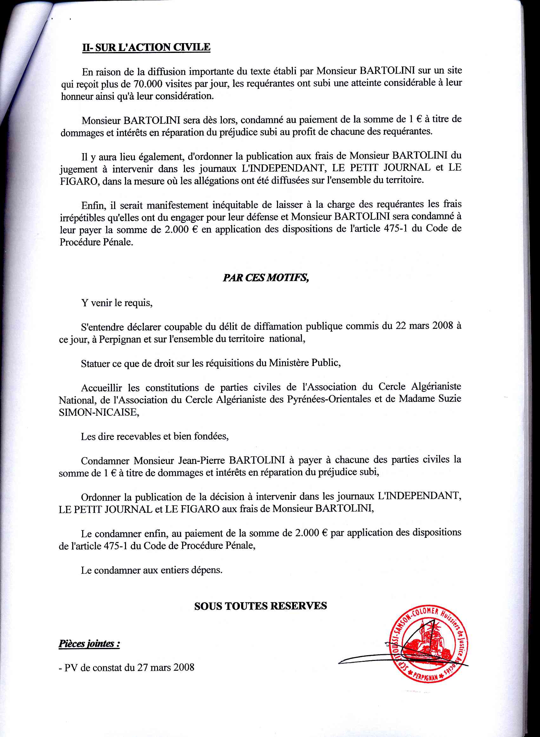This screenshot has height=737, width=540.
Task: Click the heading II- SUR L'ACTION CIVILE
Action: point(146,47)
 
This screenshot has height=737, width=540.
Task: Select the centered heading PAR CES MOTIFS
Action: point(266,278)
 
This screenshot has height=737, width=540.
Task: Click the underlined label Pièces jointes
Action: point(89,643)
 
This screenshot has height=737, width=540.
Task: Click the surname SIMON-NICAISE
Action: point(99,412)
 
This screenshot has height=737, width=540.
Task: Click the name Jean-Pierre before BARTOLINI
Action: point(202,460)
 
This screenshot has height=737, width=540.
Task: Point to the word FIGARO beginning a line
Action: point(78,181)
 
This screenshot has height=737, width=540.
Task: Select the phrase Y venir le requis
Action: point(117,303)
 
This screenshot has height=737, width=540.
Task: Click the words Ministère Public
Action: point(304,362)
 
